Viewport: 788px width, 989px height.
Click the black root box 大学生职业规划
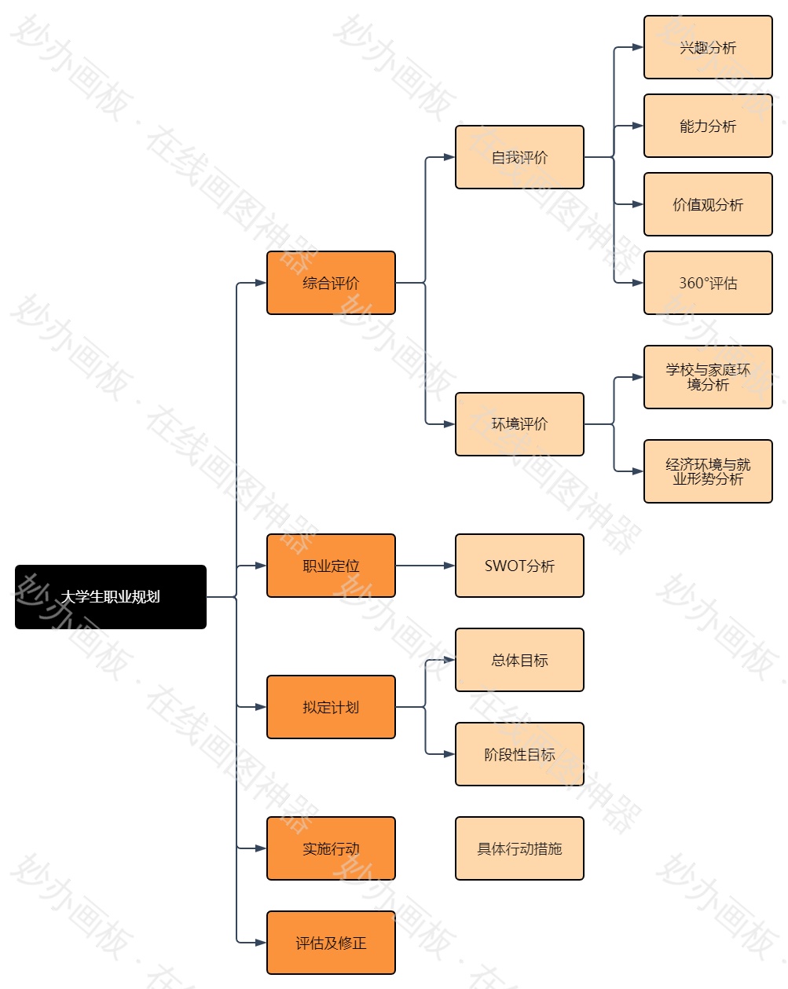(111, 597)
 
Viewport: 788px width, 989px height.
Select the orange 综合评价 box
(331, 283)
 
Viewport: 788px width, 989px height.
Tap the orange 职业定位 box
(331, 566)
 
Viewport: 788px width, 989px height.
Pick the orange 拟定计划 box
(331, 707)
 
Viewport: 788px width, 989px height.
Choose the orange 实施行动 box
(331, 848)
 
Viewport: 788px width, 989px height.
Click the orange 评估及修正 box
(331, 943)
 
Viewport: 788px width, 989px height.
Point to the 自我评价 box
(519, 157)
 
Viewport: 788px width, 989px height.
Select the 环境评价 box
(519, 424)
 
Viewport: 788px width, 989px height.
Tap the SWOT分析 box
(519, 566)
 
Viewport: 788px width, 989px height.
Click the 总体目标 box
(519, 660)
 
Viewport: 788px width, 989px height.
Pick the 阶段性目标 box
(519, 754)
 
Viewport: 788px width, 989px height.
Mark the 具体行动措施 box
(519, 848)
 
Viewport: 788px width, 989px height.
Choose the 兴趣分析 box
(708, 47)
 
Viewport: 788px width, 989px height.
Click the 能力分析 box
(708, 126)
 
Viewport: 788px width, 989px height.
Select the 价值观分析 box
(708, 204)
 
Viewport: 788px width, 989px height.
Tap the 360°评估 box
(708, 283)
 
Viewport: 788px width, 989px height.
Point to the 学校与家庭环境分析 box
(708, 377)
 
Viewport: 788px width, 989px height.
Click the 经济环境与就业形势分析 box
(708, 471)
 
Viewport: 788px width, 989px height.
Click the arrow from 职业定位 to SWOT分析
(424, 566)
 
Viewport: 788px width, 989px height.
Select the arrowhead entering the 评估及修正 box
(262, 943)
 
